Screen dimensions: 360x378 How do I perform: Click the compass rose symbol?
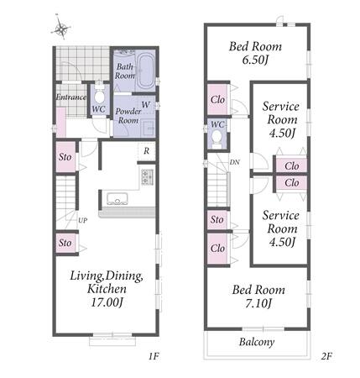click(x=61, y=28)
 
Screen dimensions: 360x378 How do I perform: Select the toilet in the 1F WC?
click(x=98, y=94)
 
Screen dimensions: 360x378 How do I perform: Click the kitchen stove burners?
click(x=148, y=177)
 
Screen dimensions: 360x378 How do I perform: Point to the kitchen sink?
click(x=117, y=199)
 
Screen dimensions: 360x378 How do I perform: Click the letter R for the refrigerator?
click(x=146, y=151)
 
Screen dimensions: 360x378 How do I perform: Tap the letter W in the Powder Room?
click(x=145, y=105)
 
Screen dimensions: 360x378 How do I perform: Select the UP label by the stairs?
click(x=82, y=221)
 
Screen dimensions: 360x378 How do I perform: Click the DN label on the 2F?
click(x=234, y=162)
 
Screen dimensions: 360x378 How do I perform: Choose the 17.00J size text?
click(x=107, y=302)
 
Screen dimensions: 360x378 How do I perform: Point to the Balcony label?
click(x=257, y=342)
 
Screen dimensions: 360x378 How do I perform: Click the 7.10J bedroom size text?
click(x=258, y=303)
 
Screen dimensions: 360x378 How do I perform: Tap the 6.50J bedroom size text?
click(x=255, y=60)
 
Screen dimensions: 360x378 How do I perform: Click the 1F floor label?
click(x=154, y=356)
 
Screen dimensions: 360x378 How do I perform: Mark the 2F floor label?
click(x=326, y=356)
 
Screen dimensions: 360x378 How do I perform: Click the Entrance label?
click(x=71, y=97)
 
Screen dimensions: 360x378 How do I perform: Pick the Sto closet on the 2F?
click(x=217, y=219)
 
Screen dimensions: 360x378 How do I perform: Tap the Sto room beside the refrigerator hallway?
click(x=65, y=157)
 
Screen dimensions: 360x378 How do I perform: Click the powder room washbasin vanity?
click(x=147, y=129)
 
